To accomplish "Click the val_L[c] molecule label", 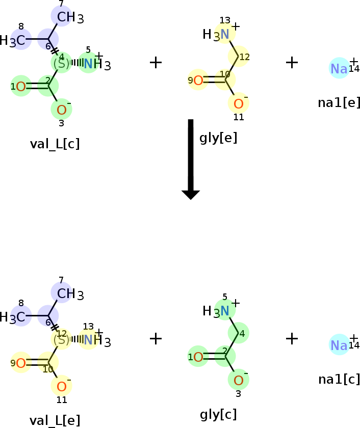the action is point(55,144).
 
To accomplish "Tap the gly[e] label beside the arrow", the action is point(218,138).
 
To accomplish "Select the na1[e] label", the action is point(339,102).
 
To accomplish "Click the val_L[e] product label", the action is point(55,420).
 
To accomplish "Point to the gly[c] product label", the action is point(218,414).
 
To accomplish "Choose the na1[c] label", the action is point(339,380).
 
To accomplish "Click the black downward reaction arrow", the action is point(191,159).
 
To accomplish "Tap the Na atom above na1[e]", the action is point(339,68).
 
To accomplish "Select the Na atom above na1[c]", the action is point(339,345).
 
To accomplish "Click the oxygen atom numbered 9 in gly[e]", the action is point(198,81).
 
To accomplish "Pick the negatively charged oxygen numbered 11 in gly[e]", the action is point(239,104).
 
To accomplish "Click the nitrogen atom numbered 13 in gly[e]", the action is point(224,34).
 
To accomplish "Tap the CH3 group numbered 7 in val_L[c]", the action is point(70,17).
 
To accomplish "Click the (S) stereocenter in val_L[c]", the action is point(62,64).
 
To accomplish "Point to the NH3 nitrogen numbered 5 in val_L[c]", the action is point(88,64).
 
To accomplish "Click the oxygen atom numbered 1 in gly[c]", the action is point(198,357).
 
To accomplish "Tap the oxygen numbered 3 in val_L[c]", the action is point(62,110).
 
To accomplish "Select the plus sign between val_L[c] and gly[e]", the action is point(156,63).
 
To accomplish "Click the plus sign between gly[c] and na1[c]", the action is point(292,339).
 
